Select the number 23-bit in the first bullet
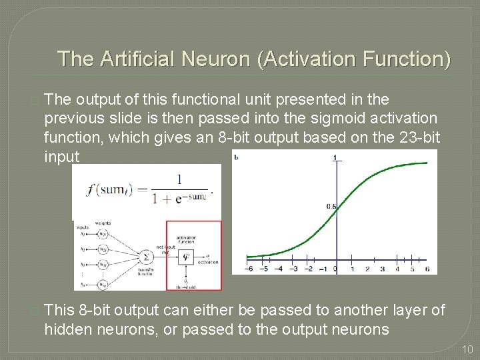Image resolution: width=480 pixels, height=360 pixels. [x=413, y=137]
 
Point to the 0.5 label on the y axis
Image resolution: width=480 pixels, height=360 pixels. [x=331, y=207]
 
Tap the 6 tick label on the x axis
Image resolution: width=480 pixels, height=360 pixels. [x=427, y=269]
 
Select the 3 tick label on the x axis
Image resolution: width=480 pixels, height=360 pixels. [x=382, y=269]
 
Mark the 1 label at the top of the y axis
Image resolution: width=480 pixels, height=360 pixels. [x=335, y=157]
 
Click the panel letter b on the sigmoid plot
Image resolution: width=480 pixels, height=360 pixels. [x=237, y=157]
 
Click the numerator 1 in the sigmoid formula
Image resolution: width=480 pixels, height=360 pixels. [x=179, y=179]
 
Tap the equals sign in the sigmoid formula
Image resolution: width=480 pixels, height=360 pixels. [x=142, y=189]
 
